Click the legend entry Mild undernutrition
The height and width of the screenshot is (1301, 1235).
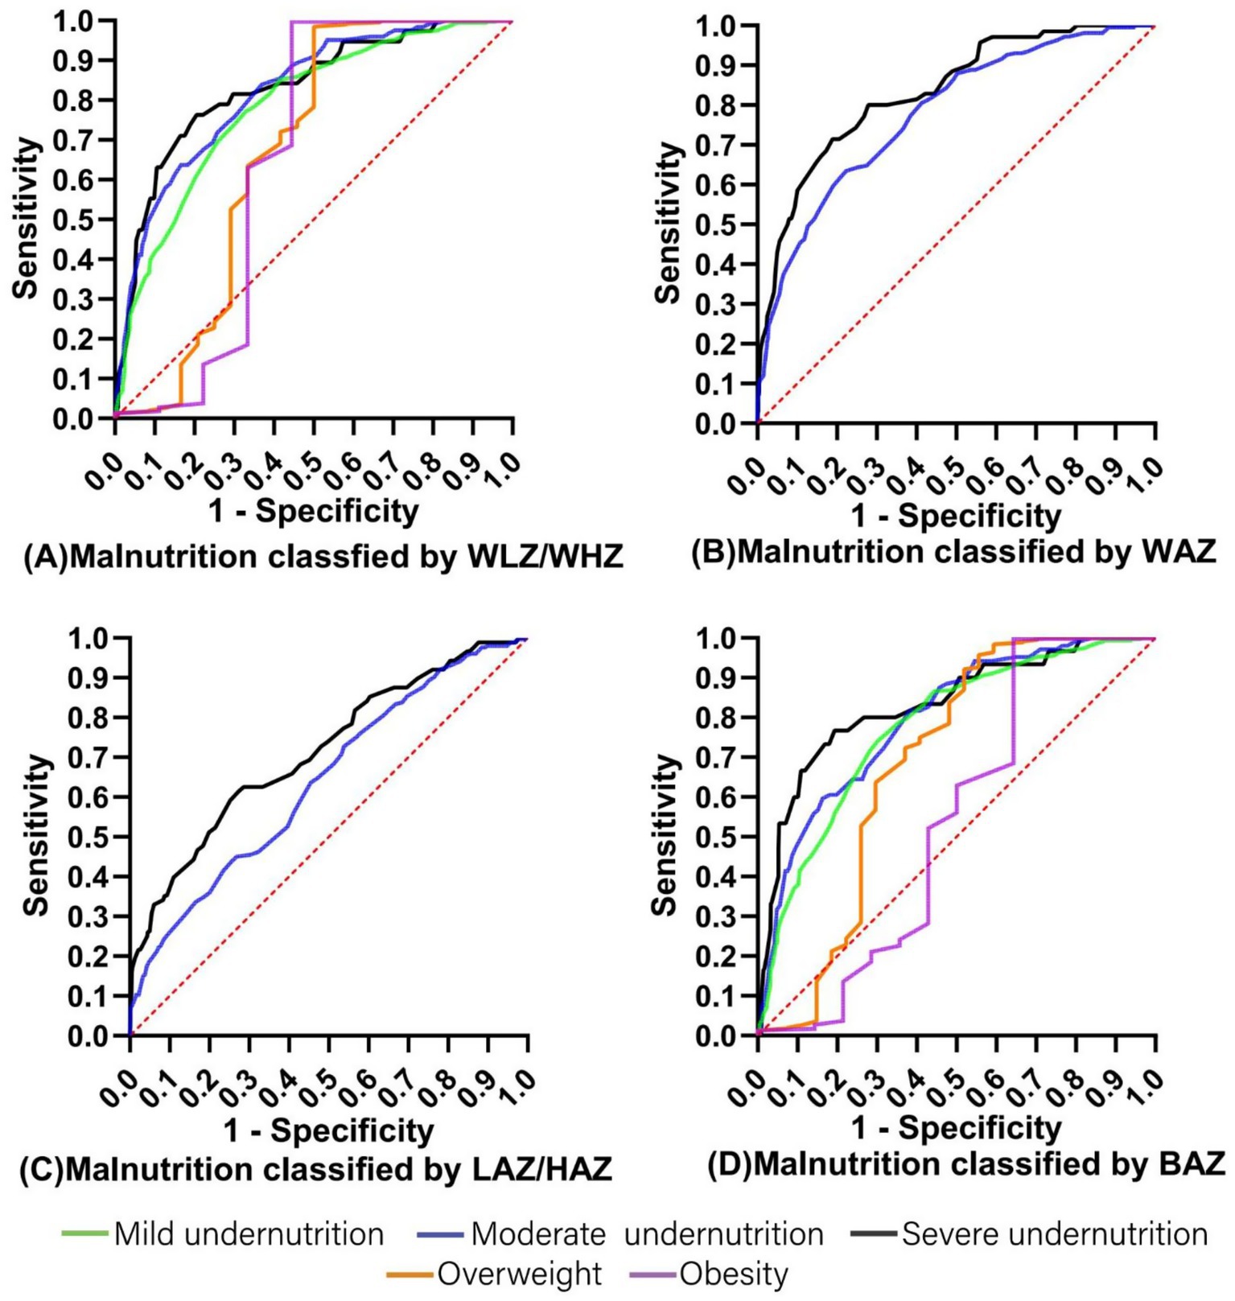248,1233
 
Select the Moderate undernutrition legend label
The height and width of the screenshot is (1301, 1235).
647,1233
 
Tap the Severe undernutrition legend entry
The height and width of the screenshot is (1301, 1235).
1054,1233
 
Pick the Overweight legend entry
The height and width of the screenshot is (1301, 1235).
519,1274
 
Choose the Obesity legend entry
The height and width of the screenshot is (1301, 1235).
733,1274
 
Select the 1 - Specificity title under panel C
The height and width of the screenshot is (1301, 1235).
328,1130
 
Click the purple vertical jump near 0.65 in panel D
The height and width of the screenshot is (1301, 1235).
1013,700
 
